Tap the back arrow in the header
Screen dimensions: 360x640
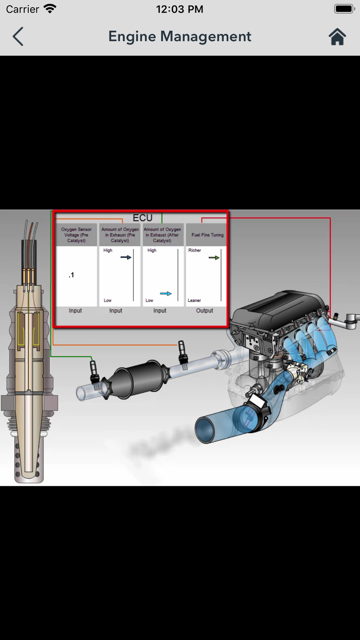pyautogui.click(x=18, y=36)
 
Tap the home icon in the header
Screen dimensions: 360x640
pyautogui.click(x=337, y=36)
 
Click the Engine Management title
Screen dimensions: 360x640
pyautogui.click(x=180, y=36)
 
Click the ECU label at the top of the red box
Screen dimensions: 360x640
pyautogui.click(x=143, y=218)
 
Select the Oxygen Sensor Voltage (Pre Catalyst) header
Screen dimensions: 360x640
pyautogui.click(x=76, y=235)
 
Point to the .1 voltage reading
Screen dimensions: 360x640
pyautogui.click(x=71, y=275)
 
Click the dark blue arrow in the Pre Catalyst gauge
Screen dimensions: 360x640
pyautogui.click(x=126, y=257)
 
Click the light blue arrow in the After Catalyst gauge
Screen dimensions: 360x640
pyautogui.click(x=166, y=294)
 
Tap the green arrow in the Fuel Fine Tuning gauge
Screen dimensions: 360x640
pyautogui.click(x=214, y=258)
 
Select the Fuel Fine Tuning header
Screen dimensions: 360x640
pyautogui.click(x=207, y=235)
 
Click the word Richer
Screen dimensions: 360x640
pyautogui.click(x=194, y=250)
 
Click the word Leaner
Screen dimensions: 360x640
pyautogui.click(x=194, y=300)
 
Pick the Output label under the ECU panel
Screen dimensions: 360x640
pyautogui.click(x=204, y=311)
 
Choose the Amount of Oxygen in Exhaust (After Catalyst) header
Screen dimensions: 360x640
pyautogui.click(x=162, y=235)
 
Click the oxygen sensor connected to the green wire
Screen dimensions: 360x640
pyautogui.click(x=94, y=373)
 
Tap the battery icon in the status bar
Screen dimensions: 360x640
pyautogui.click(x=345, y=9)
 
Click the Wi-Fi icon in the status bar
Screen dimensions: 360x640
pyautogui.click(x=50, y=9)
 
